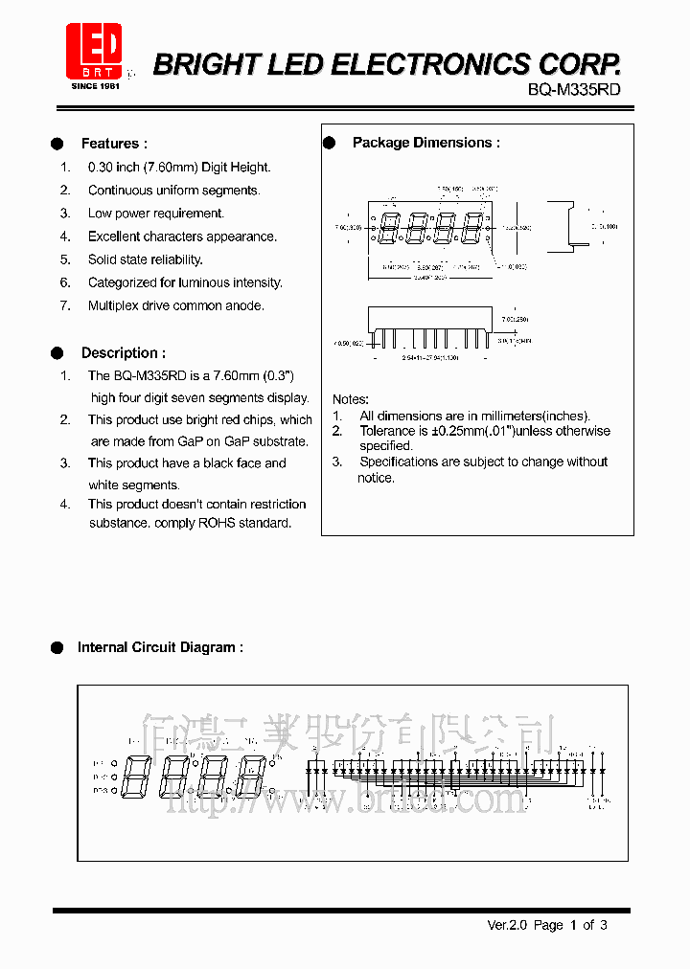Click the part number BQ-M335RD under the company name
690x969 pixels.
click(574, 89)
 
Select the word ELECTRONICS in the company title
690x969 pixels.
click(430, 64)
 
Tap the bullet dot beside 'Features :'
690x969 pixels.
click(57, 144)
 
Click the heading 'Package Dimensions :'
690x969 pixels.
click(425, 143)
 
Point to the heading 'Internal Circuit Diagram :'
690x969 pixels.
click(160, 647)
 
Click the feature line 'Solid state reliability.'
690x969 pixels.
click(145, 259)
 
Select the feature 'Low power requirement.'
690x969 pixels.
click(155, 214)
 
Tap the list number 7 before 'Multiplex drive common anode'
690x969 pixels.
click(65, 305)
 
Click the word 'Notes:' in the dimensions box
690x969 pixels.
click(350, 398)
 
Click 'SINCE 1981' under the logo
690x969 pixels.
click(95, 86)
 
